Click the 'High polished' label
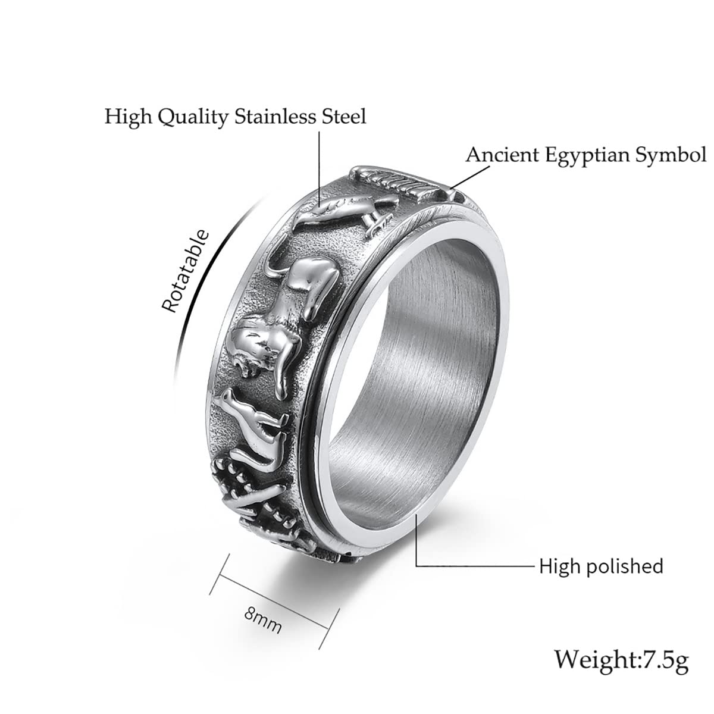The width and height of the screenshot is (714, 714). click(x=600, y=566)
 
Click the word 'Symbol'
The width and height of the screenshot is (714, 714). click(x=671, y=155)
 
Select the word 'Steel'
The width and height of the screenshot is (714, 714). click(x=345, y=116)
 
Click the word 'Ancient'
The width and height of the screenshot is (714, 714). click(x=502, y=154)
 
